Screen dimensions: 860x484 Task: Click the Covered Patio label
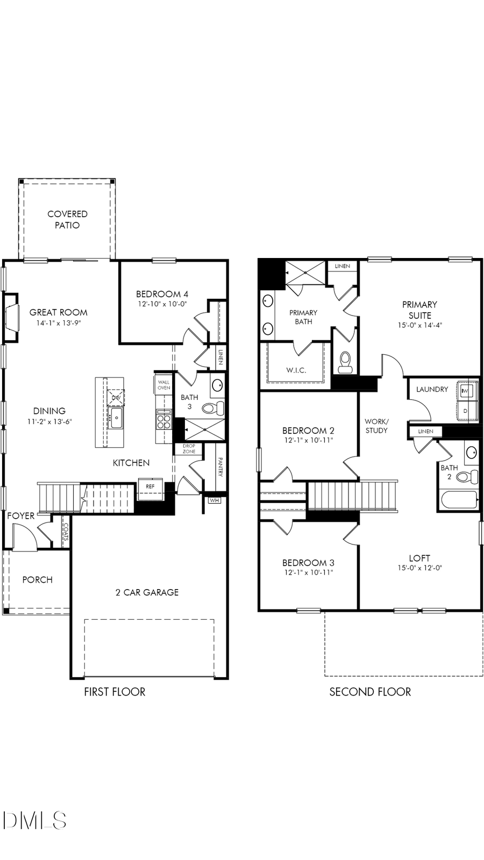click(x=67, y=219)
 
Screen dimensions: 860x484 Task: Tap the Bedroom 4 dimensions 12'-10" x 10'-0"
click(x=161, y=304)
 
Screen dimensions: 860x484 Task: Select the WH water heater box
click(x=215, y=500)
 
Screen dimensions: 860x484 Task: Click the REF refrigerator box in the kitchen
click(x=150, y=486)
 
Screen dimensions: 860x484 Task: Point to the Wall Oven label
click(x=163, y=385)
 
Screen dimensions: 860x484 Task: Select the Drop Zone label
click(x=189, y=449)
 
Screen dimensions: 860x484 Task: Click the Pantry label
click(x=220, y=467)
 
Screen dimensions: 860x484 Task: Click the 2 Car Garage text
click(x=147, y=592)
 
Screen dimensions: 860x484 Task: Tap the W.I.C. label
click(x=296, y=370)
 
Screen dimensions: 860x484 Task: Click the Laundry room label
click(x=432, y=389)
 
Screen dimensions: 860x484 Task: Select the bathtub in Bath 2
click(x=459, y=500)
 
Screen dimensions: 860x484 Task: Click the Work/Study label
click(x=376, y=426)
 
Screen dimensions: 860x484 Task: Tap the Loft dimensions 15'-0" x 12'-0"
click(x=419, y=568)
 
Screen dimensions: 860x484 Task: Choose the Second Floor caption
click(x=370, y=692)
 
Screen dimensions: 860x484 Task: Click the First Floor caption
click(x=115, y=692)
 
